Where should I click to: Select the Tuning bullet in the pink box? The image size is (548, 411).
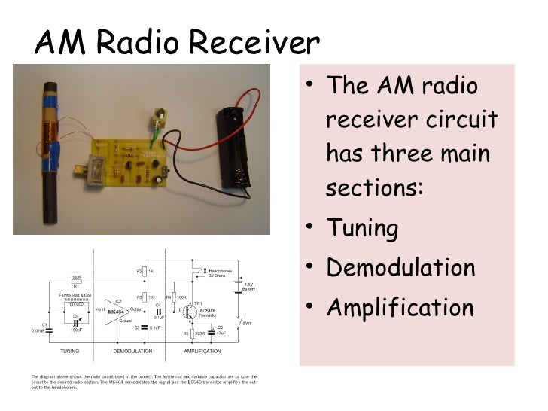point(361,228)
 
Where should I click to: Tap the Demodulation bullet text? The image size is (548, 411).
point(400,268)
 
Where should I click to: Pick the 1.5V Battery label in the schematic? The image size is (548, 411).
point(249,286)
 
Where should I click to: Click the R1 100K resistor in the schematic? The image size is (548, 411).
point(76,284)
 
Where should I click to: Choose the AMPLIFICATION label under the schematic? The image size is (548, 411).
point(202,352)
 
